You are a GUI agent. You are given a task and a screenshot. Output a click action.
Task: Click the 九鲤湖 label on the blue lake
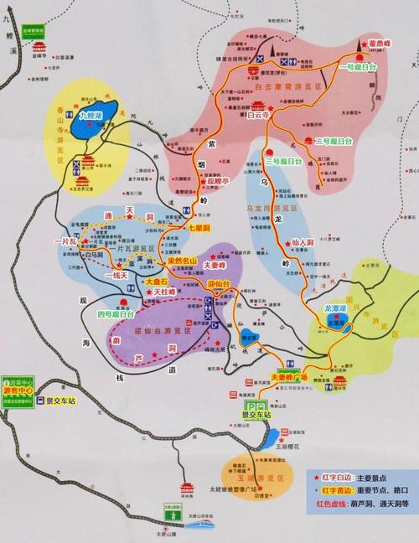point(90,116)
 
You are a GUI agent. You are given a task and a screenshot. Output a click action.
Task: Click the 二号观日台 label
point(279,160)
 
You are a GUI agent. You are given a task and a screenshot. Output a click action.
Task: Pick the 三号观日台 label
point(334,141)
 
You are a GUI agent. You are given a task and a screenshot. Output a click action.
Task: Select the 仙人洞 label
point(303,242)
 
